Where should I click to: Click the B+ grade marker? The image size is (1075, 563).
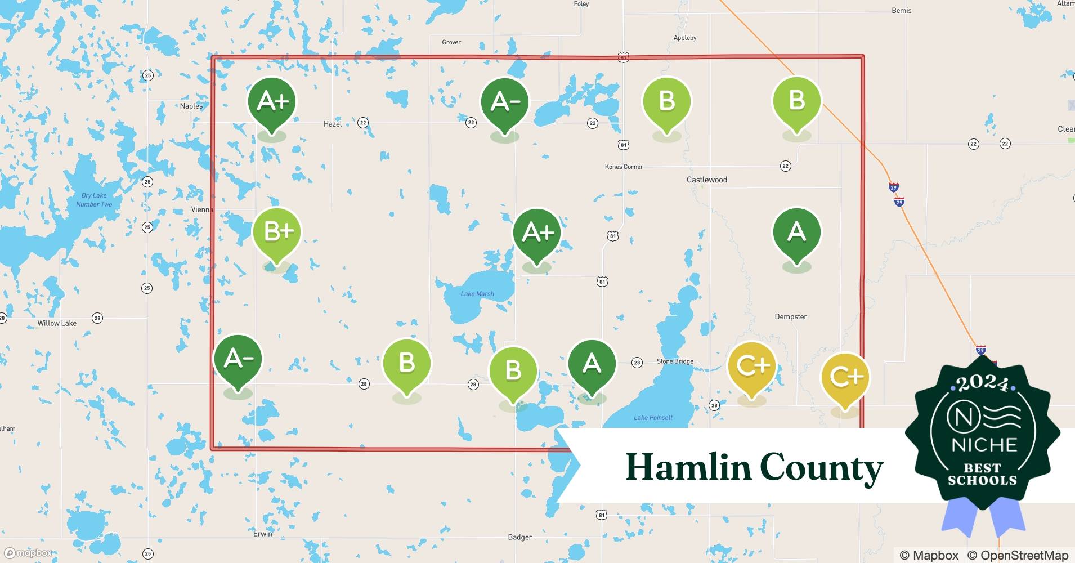[277, 232]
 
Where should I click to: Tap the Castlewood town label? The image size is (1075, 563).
[706, 180]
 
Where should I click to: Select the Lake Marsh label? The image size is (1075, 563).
[477, 293]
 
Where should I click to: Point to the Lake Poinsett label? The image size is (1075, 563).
[653, 417]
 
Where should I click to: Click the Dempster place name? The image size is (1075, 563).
[790, 316]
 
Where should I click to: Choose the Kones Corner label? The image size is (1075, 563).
[624, 167]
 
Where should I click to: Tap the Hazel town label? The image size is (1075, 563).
[333, 124]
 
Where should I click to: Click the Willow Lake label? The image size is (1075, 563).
[57, 323]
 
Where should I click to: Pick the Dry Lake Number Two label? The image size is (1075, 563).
[94, 200]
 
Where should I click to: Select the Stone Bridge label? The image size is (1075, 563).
[675, 361]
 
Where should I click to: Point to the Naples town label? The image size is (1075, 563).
[191, 106]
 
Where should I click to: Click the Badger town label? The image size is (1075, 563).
[519, 537]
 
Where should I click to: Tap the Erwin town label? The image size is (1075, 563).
[262, 534]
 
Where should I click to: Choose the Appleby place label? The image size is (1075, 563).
[685, 38]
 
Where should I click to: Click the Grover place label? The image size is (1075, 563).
[451, 42]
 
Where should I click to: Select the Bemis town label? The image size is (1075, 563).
[901, 10]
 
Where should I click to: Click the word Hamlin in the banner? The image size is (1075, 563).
[688, 467]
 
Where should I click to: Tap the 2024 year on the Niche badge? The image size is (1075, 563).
[982, 384]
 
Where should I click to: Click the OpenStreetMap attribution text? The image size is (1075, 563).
[1018, 555]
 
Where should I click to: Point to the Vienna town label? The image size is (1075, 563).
[202, 209]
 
